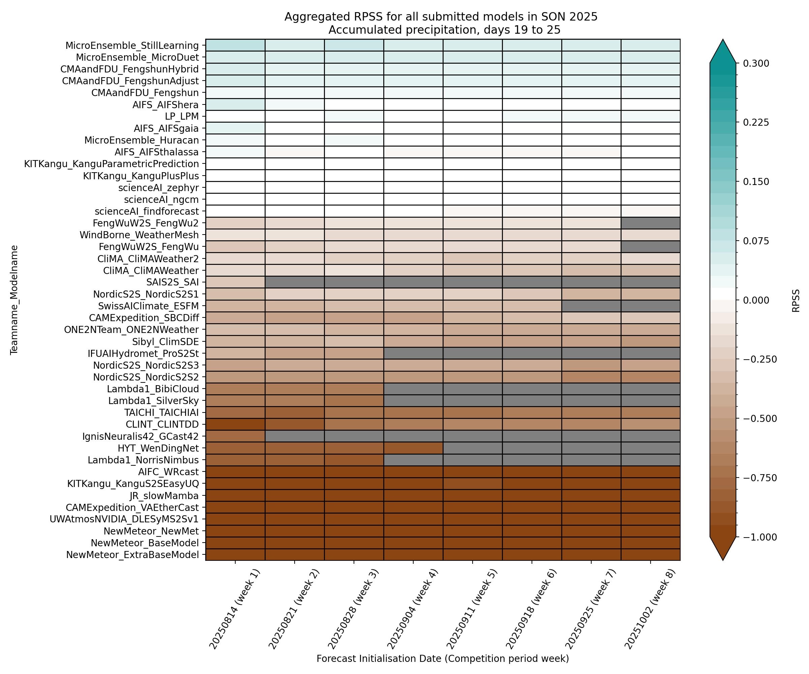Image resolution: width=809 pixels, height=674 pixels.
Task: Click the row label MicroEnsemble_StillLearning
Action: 132,45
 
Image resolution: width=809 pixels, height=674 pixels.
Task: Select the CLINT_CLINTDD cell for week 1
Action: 235,424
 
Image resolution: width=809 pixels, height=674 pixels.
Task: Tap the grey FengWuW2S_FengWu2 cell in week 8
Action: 650,223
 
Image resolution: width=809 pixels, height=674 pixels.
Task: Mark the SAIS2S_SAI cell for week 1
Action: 235,282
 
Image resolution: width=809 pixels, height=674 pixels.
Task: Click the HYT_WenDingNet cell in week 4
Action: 413,448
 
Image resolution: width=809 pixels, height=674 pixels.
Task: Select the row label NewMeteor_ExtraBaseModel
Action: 132,555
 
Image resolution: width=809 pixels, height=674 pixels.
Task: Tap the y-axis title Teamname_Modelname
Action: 14,300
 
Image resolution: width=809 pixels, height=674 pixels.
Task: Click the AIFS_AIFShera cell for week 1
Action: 235,104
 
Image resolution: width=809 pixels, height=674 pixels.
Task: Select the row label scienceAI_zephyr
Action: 158,188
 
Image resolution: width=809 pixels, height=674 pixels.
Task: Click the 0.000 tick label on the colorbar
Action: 756,300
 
